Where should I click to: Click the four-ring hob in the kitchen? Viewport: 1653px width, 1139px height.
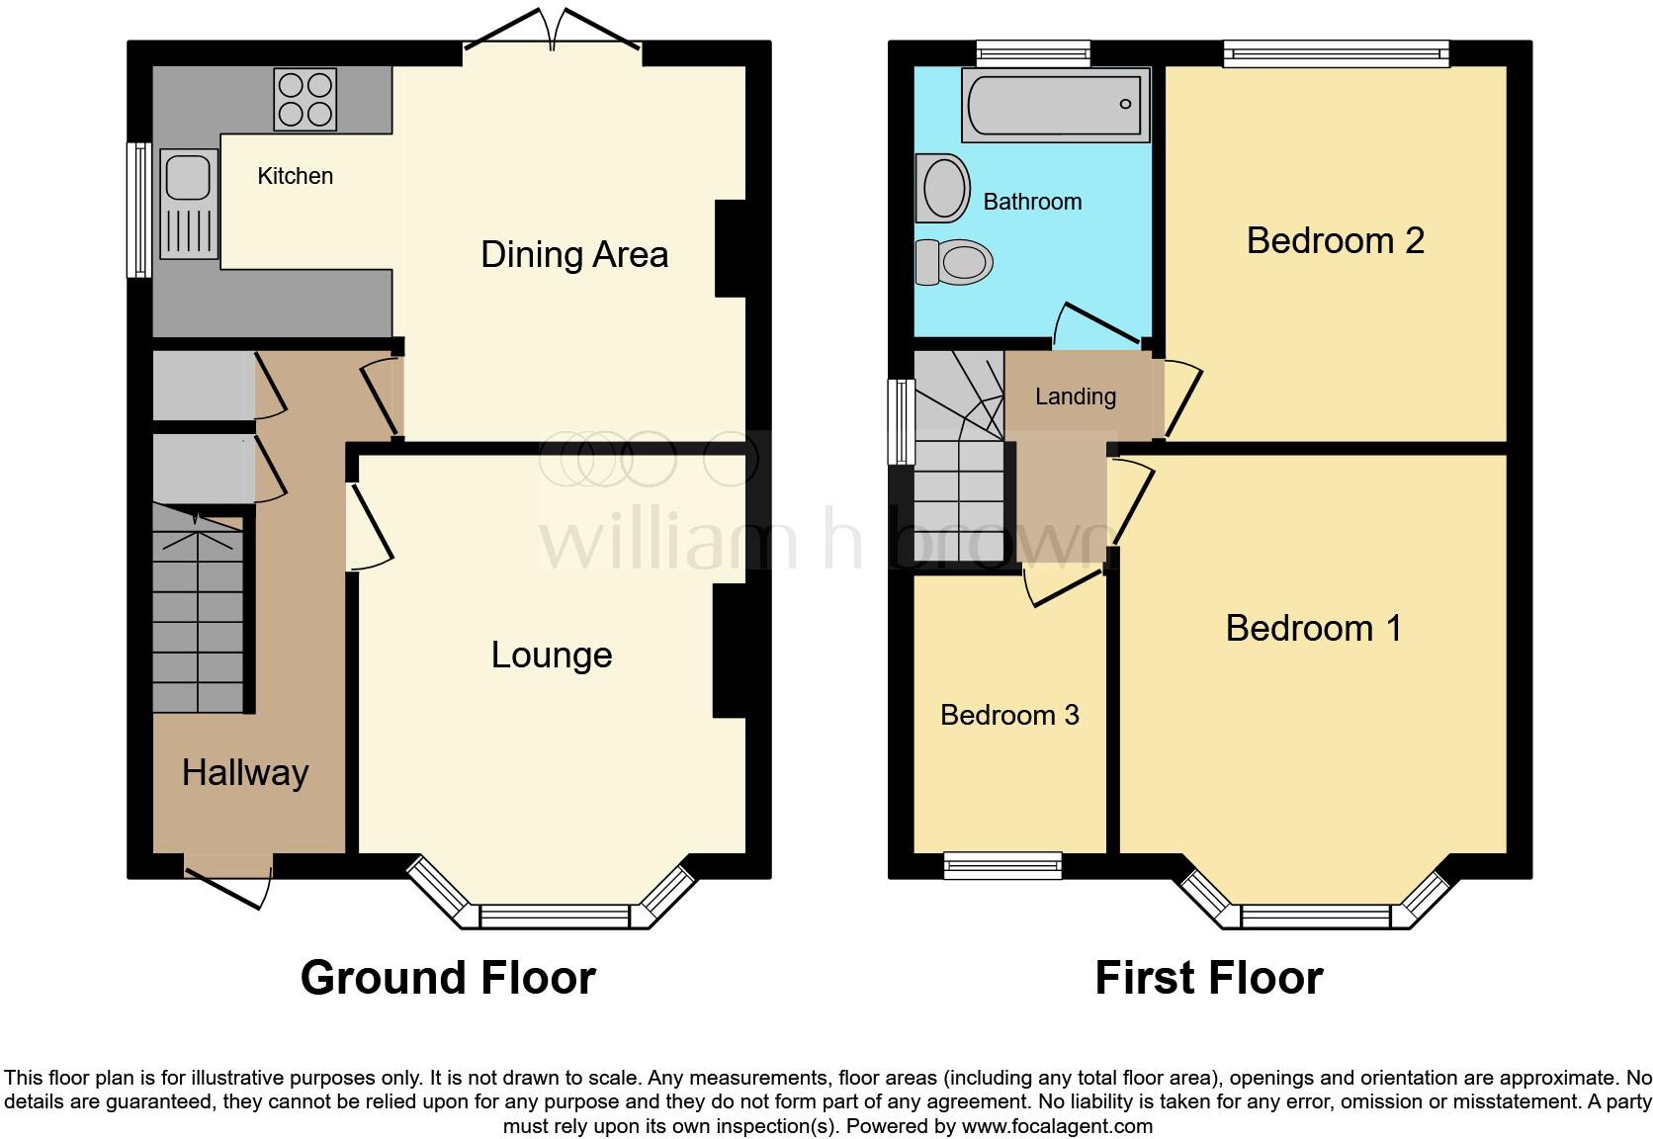(x=304, y=99)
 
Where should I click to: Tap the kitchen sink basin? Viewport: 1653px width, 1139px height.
(x=187, y=178)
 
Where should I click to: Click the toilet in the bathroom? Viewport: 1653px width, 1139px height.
(x=955, y=262)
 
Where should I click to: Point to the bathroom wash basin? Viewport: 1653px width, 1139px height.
(x=943, y=188)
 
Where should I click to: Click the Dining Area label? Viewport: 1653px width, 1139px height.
(x=574, y=255)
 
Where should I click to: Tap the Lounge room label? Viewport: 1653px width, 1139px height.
(x=552, y=656)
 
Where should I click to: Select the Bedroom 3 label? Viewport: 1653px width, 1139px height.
(x=1009, y=715)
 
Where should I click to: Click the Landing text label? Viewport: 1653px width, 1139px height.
(x=1076, y=396)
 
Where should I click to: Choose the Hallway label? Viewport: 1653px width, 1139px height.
(x=245, y=772)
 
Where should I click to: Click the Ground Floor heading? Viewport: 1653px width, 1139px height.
(x=448, y=978)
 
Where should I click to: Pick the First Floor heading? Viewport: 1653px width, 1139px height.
(x=1208, y=978)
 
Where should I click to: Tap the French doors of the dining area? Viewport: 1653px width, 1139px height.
(x=553, y=30)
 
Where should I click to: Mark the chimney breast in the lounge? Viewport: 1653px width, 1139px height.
(x=729, y=650)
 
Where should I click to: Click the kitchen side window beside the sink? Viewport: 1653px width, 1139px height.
(x=139, y=210)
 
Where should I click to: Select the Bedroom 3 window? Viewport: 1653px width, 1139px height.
(x=1002, y=867)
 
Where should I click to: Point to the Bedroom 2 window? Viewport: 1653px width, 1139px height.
(x=1336, y=52)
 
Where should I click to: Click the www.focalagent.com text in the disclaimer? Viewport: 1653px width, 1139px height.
(x=1056, y=1126)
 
